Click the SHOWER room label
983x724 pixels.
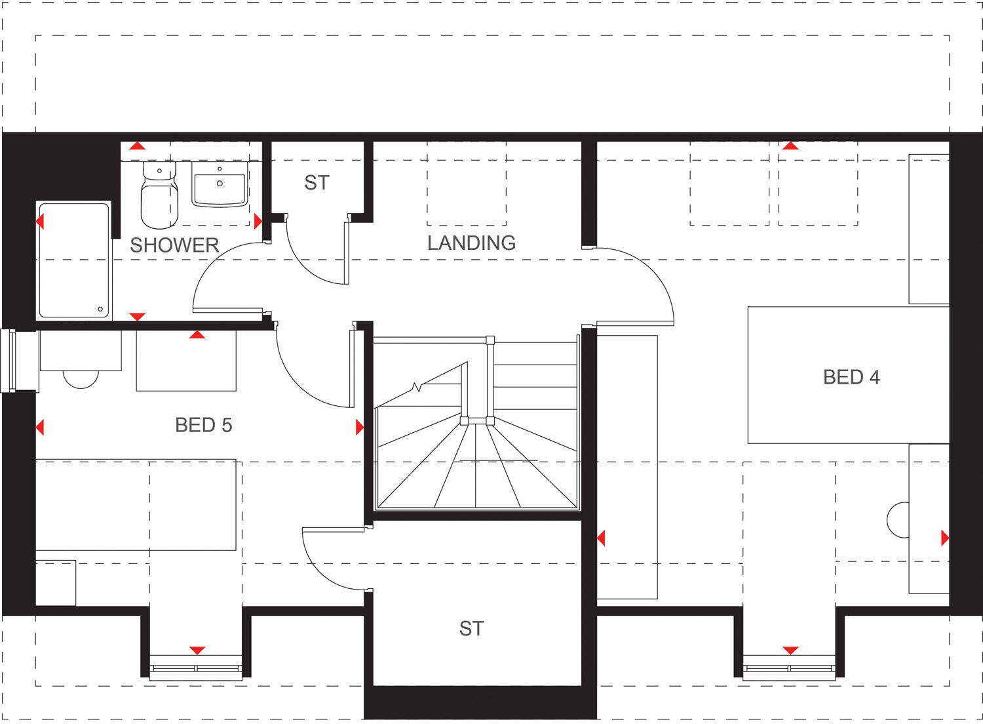(x=174, y=245)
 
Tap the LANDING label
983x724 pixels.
(x=471, y=243)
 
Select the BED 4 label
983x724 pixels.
(x=851, y=377)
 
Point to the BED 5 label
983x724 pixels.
(x=203, y=425)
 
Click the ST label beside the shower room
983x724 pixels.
(x=317, y=183)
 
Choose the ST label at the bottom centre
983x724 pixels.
(x=471, y=629)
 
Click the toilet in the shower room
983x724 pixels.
(x=159, y=195)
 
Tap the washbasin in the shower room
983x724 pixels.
(x=220, y=184)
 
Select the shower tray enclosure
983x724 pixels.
(x=73, y=260)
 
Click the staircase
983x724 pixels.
(x=476, y=433)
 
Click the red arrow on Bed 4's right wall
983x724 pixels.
(x=944, y=538)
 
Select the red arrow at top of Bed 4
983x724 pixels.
(x=790, y=146)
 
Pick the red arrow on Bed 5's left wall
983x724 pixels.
(x=40, y=428)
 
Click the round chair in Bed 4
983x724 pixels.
(x=898, y=520)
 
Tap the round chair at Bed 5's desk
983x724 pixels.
(x=81, y=379)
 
